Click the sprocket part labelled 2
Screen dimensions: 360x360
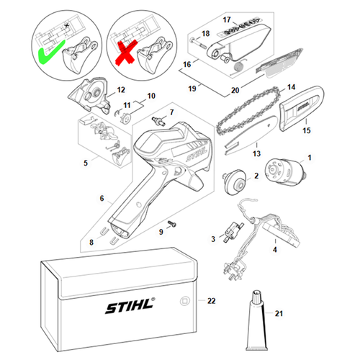click(235, 178)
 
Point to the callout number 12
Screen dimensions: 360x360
click(120, 89)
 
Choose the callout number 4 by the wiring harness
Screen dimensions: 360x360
click(274, 249)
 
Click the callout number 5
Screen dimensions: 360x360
click(87, 163)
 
